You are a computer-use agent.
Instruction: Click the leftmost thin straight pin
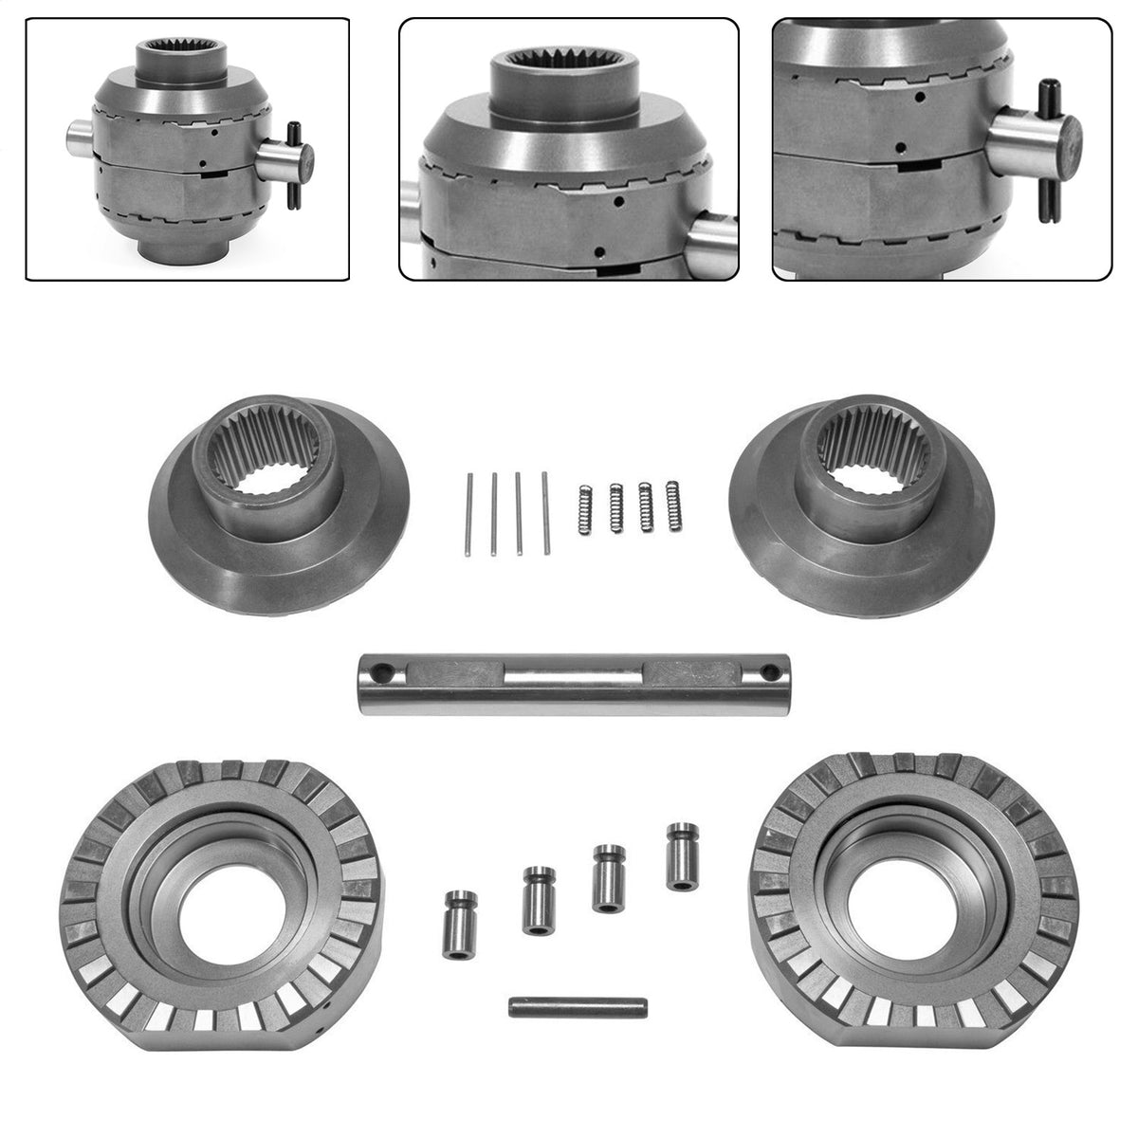(x=469, y=513)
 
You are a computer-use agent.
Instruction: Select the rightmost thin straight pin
(x=546, y=512)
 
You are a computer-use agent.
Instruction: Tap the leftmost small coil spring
(x=584, y=509)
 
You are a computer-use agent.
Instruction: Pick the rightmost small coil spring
(x=674, y=505)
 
